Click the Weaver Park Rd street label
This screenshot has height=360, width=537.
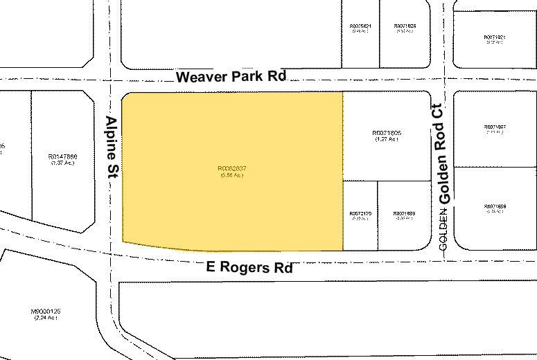230,76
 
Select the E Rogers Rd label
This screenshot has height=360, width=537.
249,267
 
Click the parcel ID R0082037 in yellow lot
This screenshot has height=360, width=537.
231,168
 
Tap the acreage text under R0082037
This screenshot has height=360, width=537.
231,175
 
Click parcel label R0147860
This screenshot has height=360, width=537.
62,156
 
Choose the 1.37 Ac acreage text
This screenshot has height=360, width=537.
62,163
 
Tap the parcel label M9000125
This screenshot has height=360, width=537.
46,312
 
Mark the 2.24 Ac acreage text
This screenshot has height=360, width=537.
46,318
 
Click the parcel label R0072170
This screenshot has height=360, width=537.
360,213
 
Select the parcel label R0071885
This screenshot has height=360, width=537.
403,213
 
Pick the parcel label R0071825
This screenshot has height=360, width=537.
403,26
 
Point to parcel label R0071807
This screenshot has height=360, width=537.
495,127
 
